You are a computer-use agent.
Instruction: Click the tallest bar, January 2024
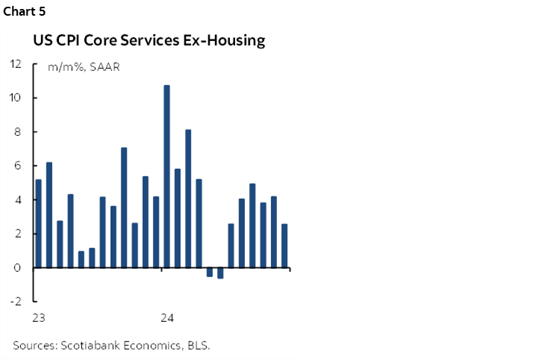[x=166, y=176]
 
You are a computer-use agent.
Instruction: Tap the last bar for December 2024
[x=284, y=246]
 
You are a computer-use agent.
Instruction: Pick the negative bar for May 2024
[x=210, y=272]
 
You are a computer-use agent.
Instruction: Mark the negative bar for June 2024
[x=220, y=273]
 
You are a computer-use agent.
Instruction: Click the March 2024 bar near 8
[x=188, y=199]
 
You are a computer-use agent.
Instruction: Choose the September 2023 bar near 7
[x=124, y=208]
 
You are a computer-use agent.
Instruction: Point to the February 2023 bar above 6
[x=49, y=215]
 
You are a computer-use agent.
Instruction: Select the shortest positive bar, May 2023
[x=81, y=259]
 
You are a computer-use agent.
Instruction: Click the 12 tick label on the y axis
[x=15, y=63]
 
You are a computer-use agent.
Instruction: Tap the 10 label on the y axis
[x=15, y=98]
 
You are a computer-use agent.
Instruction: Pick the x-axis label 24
[x=166, y=318]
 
